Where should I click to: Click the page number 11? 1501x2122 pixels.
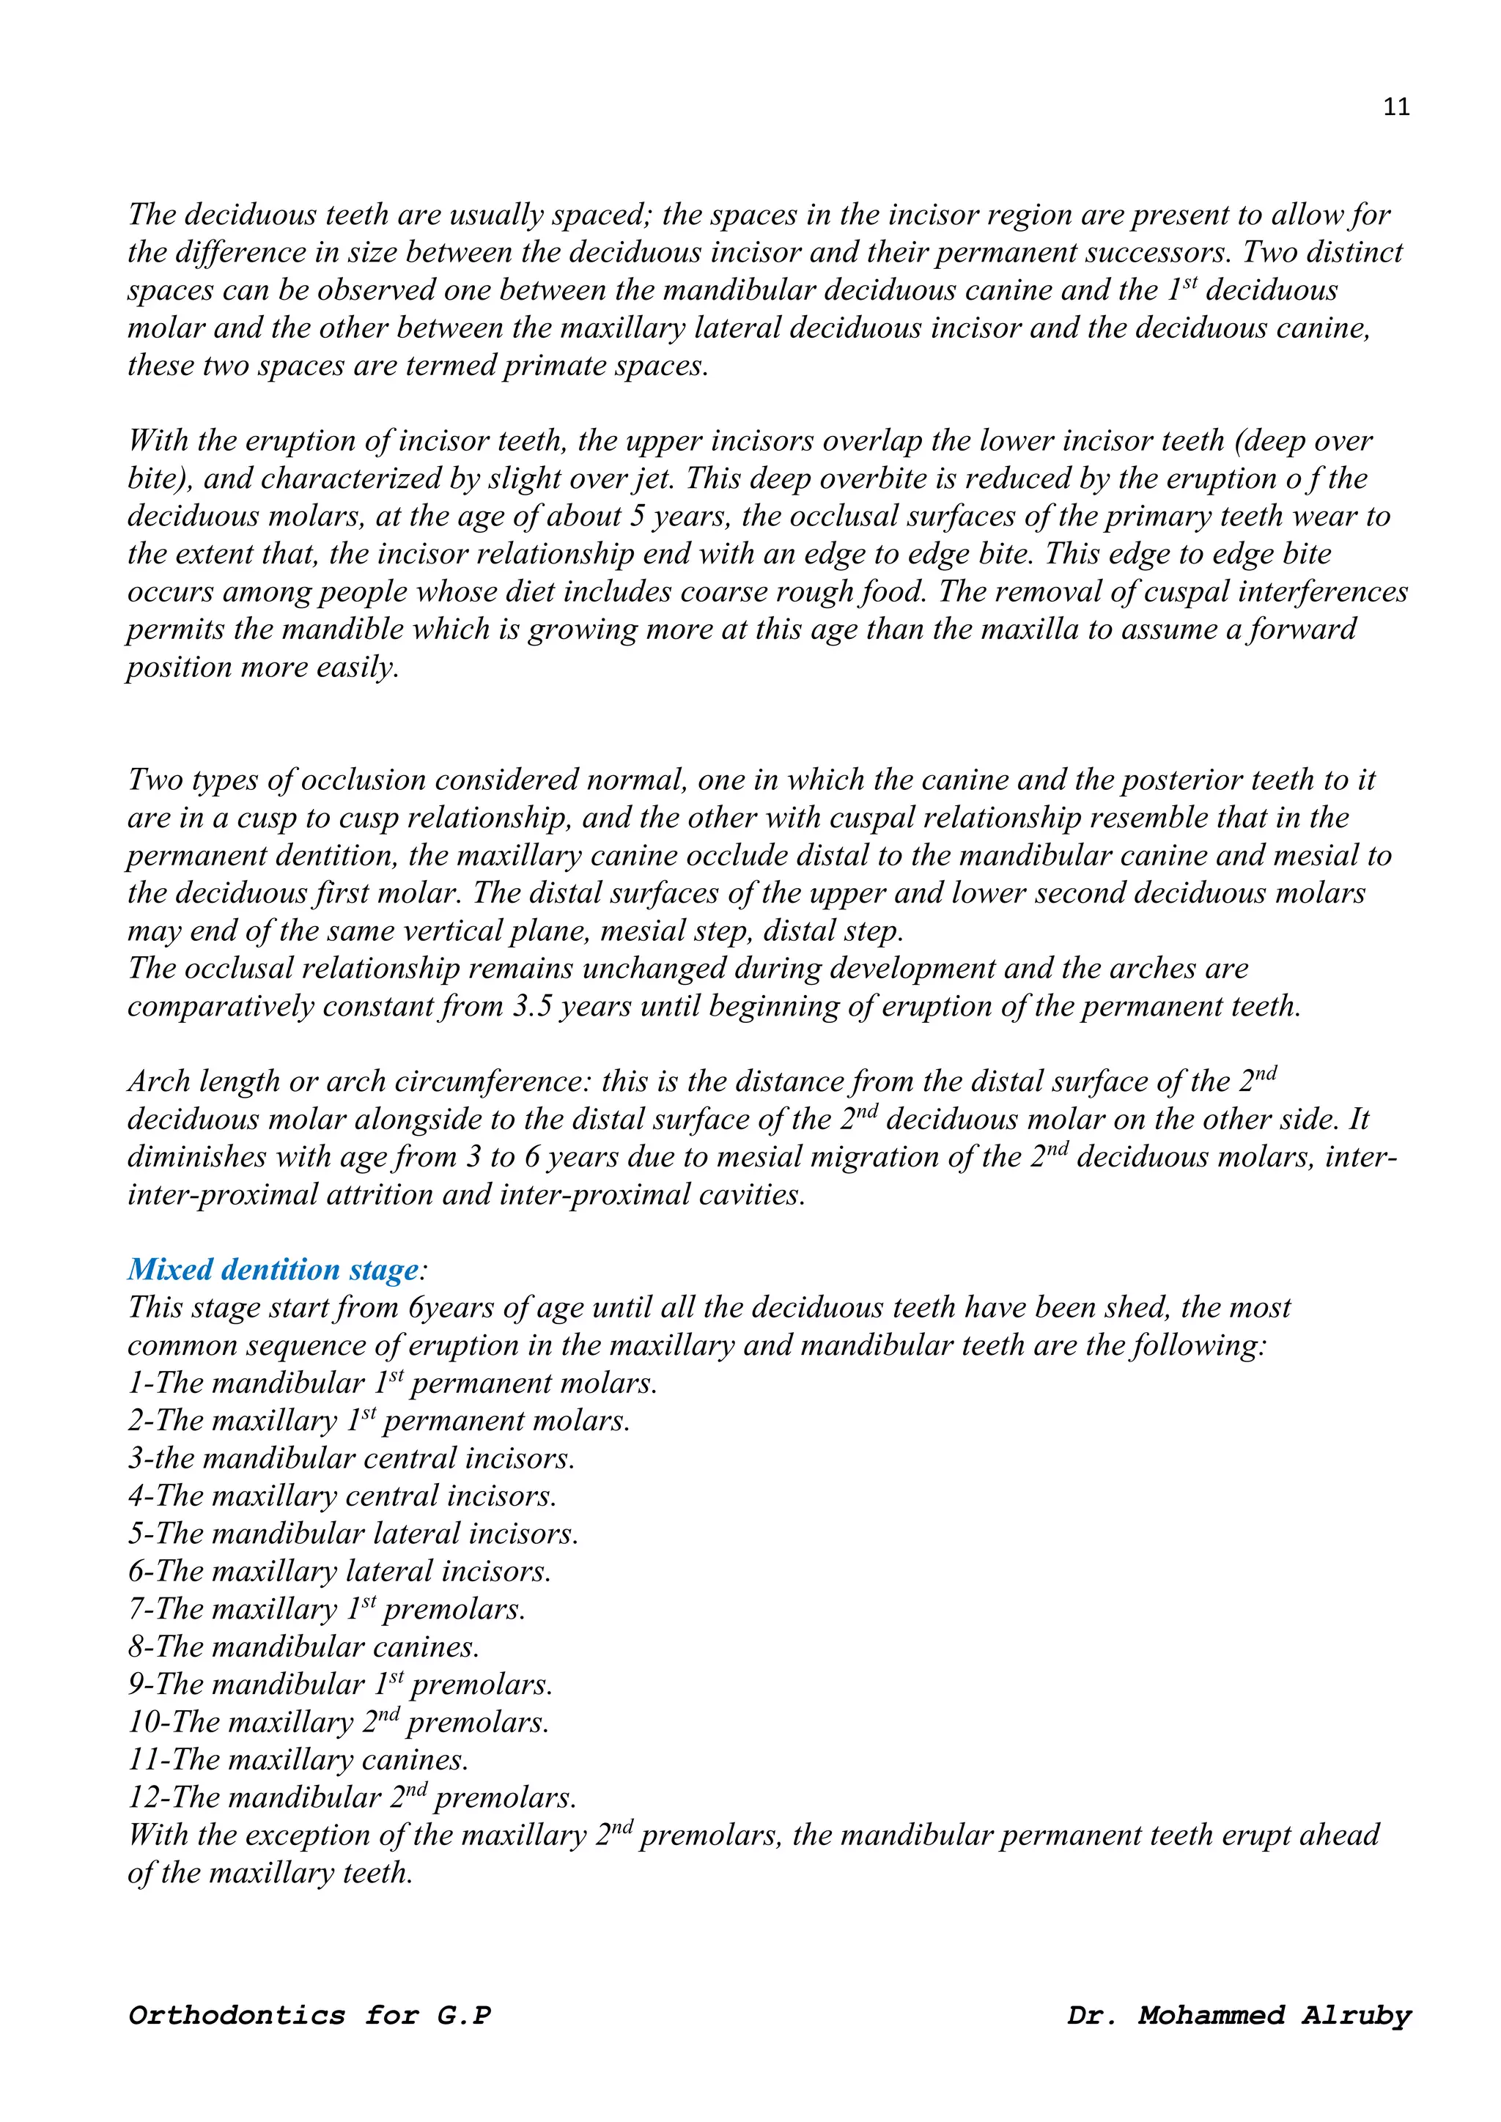pos(1395,107)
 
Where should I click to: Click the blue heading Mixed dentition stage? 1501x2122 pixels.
pos(273,1269)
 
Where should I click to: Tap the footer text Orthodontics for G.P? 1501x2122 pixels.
pos(309,2015)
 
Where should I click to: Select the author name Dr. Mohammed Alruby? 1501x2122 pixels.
pos(1239,2015)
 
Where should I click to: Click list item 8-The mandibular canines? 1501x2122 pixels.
pos(303,1646)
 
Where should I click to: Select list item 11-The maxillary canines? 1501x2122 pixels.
pos(298,1759)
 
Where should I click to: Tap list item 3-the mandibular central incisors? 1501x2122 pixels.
pos(351,1457)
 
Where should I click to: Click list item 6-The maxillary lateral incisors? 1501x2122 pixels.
pos(339,1570)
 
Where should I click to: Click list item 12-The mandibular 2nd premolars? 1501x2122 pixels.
pos(351,1797)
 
